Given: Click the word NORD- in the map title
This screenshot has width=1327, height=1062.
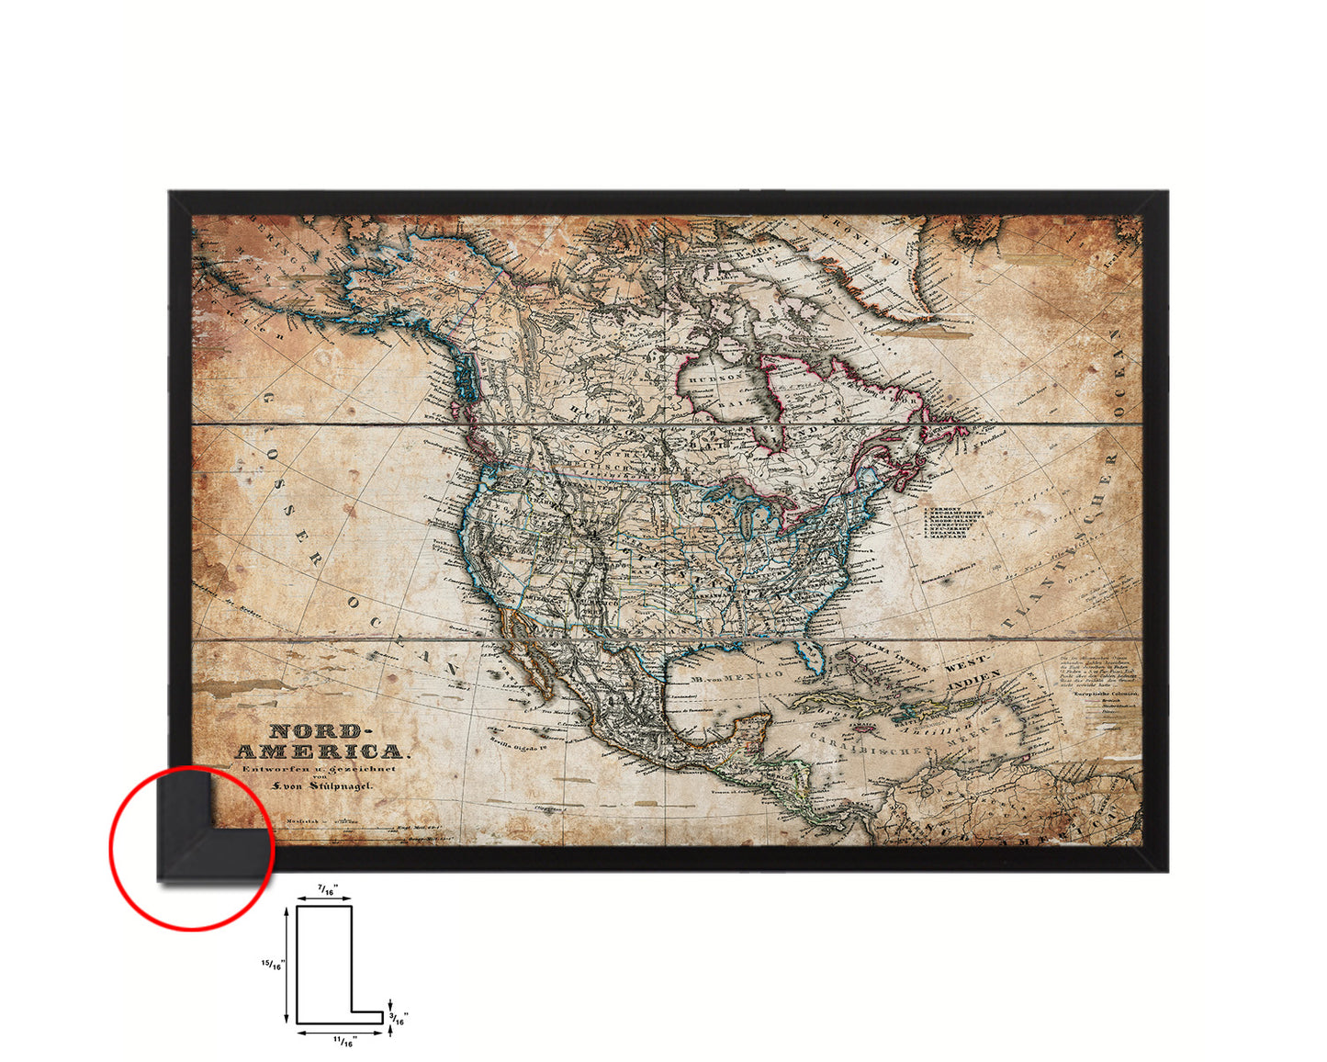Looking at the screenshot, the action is [315, 732].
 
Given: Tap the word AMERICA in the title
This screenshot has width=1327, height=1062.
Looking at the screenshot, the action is [318, 751].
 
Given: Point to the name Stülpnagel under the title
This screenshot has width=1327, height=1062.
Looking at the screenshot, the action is [333, 787].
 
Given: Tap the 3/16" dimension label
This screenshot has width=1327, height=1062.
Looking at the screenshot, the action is [400, 1018].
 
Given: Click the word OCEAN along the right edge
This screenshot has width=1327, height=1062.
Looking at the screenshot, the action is [1118, 367].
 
